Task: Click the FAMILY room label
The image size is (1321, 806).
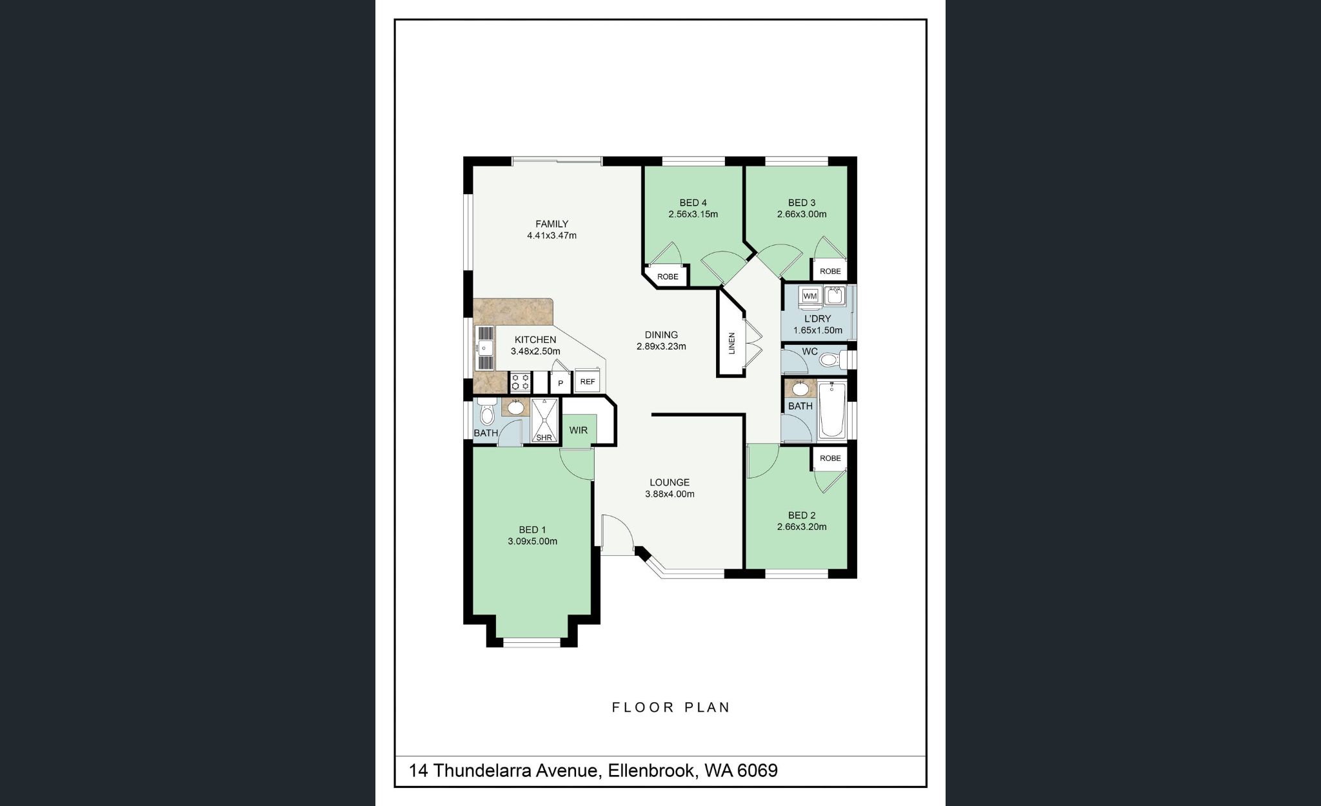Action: (551, 224)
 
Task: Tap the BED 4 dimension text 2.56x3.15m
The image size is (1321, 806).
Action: (693, 214)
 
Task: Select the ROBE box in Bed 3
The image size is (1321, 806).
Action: (829, 271)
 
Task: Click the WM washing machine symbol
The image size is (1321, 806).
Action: (810, 296)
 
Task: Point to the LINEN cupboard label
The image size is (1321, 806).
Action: (731, 343)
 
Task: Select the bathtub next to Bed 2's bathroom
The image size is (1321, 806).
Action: (831, 409)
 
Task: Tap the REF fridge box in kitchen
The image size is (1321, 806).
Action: (587, 382)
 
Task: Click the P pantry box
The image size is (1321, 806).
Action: (561, 383)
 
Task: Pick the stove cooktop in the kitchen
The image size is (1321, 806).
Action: (519, 382)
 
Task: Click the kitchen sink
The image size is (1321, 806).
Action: (485, 349)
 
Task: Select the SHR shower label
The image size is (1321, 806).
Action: (544, 437)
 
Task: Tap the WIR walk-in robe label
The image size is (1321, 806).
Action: (578, 430)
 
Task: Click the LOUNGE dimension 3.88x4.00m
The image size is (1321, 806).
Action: (669, 495)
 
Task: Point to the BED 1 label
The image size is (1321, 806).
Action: (532, 530)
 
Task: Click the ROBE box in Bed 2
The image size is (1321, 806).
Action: (829, 458)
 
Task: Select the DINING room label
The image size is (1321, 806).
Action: (661, 335)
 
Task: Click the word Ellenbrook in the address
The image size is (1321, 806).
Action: (651, 771)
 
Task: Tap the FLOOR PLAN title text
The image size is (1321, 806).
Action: (670, 707)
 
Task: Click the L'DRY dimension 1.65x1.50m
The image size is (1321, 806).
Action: (817, 330)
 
